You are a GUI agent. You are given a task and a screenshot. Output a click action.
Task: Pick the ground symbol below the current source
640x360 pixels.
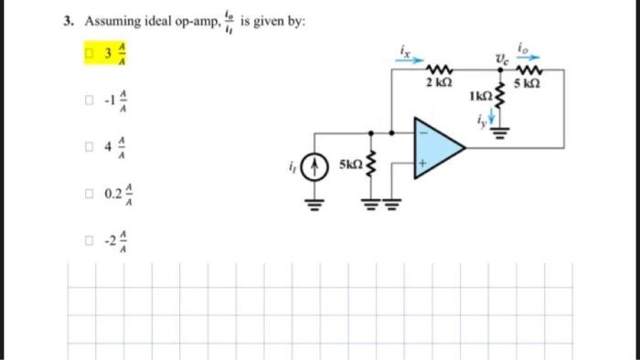click(315, 204)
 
